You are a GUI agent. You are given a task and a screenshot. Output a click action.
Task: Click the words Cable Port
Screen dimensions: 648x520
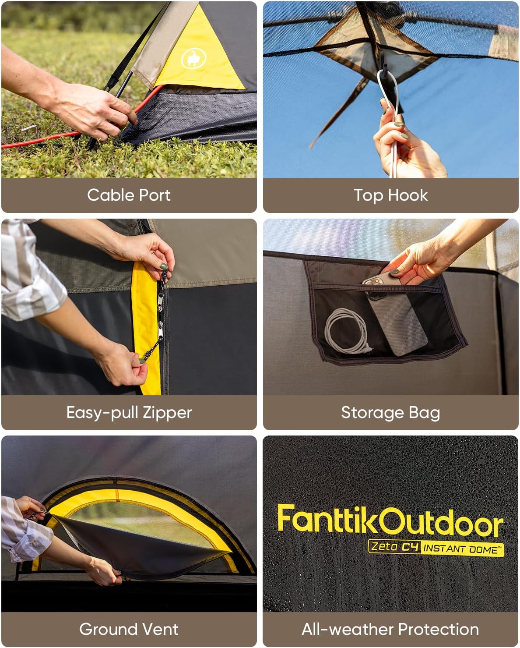[129, 195]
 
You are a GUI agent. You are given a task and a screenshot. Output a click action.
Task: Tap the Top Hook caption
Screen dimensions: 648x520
[390, 195]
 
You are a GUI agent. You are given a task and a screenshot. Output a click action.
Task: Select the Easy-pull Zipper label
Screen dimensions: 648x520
[129, 412]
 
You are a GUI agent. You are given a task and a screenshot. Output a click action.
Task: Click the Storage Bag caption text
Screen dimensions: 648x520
[390, 412]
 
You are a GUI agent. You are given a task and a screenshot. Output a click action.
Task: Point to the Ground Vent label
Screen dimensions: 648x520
[129, 629]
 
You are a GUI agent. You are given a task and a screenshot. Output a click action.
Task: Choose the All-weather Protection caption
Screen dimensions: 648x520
[390, 629]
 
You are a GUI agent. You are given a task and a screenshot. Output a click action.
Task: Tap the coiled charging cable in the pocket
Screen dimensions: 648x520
[346, 331]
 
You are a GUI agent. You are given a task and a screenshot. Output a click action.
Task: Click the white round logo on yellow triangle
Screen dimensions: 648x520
[191, 59]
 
